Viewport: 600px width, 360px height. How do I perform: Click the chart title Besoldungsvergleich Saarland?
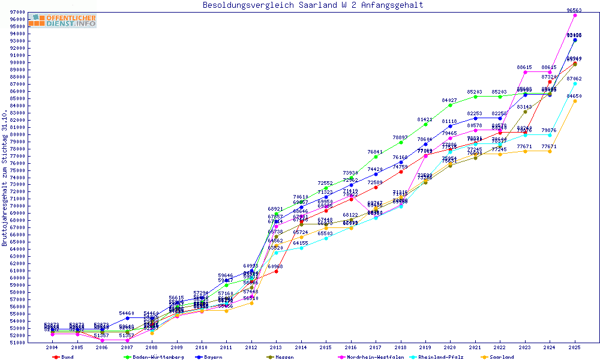coord(313,5)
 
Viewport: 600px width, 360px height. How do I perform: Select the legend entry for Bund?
coord(64,357)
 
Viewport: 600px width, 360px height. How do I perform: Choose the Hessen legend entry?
coord(281,357)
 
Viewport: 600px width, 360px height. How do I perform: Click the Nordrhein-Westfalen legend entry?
coord(369,357)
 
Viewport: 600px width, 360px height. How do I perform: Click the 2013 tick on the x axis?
coord(276,347)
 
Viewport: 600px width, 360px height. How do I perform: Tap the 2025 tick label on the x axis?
coord(575,347)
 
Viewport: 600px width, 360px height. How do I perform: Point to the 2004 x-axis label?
coord(53,347)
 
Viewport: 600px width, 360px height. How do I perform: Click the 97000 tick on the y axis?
coord(17,13)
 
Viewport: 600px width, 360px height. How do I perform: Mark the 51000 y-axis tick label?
coord(17,343)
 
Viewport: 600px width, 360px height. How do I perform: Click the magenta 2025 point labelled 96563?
coord(575,16)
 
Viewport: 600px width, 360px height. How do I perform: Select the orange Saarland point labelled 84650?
coord(575,101)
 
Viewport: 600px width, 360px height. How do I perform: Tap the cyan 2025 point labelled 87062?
coord(575,83)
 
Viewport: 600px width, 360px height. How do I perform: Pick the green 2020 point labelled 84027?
coord(450,105)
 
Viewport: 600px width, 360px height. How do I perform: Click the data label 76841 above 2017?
coord(375,152)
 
